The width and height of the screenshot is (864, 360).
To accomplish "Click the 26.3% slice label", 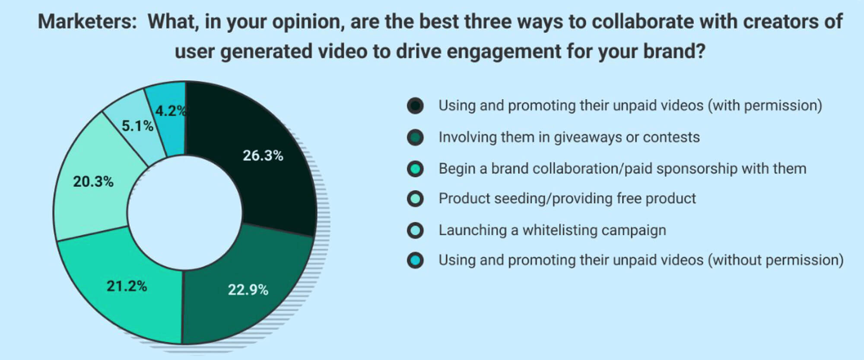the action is (263, 156).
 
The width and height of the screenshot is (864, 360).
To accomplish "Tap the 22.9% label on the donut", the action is (248, 290).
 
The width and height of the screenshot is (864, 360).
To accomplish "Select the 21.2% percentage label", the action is (127, 286).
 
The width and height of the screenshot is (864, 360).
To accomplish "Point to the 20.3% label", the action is (93, 182).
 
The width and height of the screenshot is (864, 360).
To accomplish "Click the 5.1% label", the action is (137, 126).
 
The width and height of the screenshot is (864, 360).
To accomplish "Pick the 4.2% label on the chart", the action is (171, 111).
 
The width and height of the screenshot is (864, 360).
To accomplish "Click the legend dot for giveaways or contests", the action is (415, 137).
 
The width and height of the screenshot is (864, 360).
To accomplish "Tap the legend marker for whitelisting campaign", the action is (415, 230).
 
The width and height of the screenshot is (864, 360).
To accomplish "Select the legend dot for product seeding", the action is (415, 199).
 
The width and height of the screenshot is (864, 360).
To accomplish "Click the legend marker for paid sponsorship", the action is (415, 169).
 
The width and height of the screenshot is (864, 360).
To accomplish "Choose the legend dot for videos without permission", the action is (415, 260).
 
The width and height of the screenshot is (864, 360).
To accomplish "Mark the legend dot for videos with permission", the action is (415, 105).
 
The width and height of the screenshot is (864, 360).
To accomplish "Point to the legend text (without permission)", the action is (775, 260).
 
